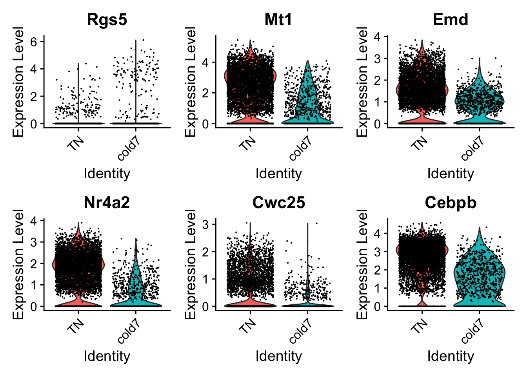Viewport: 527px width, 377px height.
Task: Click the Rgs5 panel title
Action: pos(107,19)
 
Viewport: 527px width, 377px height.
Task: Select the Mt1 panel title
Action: pos(278,19)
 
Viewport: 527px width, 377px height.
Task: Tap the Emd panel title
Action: pos(450,19)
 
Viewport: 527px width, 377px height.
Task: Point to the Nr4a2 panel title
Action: pos(107,202)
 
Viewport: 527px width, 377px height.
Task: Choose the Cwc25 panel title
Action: pos(278,202)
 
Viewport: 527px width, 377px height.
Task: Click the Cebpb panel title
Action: pos(450,202)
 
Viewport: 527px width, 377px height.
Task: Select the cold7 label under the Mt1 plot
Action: pos(300,150)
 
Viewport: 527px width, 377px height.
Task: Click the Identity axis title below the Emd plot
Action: pos(450,173)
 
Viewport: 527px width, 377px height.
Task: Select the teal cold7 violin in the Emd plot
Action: pos(479,102)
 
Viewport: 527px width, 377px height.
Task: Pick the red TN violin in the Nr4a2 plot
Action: pos(78,267)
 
